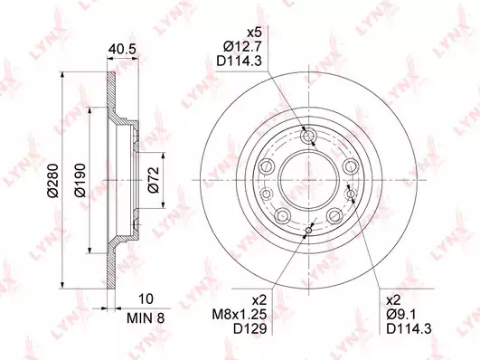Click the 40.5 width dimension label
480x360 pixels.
(122, 49)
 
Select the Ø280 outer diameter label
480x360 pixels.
(53, 181)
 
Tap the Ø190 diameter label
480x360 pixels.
(80, 180)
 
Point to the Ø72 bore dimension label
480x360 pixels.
(154, 180)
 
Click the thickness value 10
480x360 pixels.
(146, 298)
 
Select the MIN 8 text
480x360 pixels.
(146, 318)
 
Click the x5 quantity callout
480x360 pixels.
(254, 33)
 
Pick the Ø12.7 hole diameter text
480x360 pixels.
(242, 47)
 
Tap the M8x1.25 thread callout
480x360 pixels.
(240, 314)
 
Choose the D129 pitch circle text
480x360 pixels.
(250, 328)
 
